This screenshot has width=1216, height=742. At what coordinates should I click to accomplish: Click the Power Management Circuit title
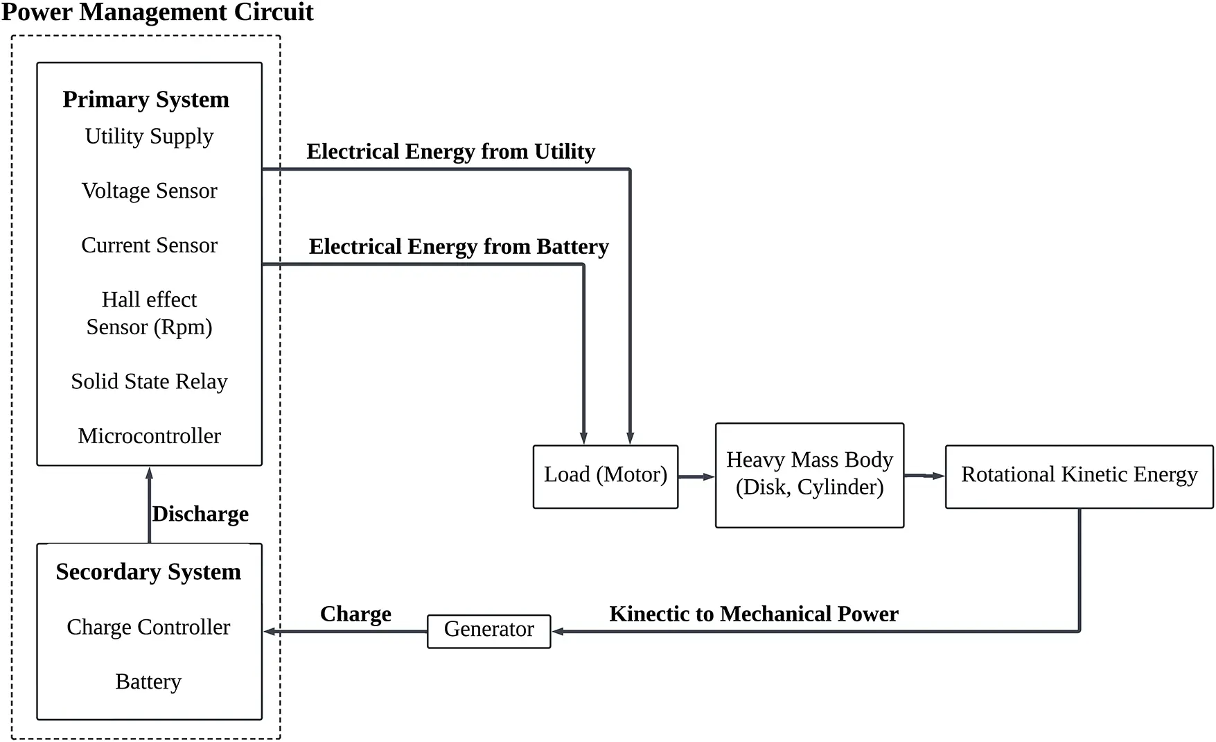click(157, 12)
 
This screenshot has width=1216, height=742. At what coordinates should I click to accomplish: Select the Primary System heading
click(146, 99)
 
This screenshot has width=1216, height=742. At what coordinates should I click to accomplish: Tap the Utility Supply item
click(149, 136)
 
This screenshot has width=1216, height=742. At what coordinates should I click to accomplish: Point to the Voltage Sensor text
click(149, 191)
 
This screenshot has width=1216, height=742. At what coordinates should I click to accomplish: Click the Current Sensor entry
click(149, 245)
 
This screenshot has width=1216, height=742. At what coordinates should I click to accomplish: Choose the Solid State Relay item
click(149, 381)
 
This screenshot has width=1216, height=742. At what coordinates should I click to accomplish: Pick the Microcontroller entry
click(149, 435)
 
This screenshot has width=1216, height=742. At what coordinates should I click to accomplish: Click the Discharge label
click(200, 514)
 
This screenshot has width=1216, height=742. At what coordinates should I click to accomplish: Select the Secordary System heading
click(148, 571)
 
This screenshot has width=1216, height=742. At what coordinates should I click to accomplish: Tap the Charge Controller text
click(148, 627)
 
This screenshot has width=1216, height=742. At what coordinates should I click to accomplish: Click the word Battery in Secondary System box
click(148, 682)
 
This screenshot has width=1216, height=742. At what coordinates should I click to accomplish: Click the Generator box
click(488, 630)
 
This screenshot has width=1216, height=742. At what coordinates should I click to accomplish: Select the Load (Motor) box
click(605, 475)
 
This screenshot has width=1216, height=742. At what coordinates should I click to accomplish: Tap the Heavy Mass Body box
click(809, 474)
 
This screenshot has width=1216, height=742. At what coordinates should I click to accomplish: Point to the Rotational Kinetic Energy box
click(1079, 475)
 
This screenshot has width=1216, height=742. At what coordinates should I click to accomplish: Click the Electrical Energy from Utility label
click(450, 152)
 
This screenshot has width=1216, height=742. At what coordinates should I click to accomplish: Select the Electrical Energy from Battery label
click(458, 247)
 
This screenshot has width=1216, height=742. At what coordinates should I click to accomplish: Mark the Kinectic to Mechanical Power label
click(753, 614)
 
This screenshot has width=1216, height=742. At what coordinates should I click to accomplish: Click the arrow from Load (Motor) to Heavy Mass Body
click(696, 476)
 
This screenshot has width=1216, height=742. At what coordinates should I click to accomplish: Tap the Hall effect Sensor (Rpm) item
click(149, 313)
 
